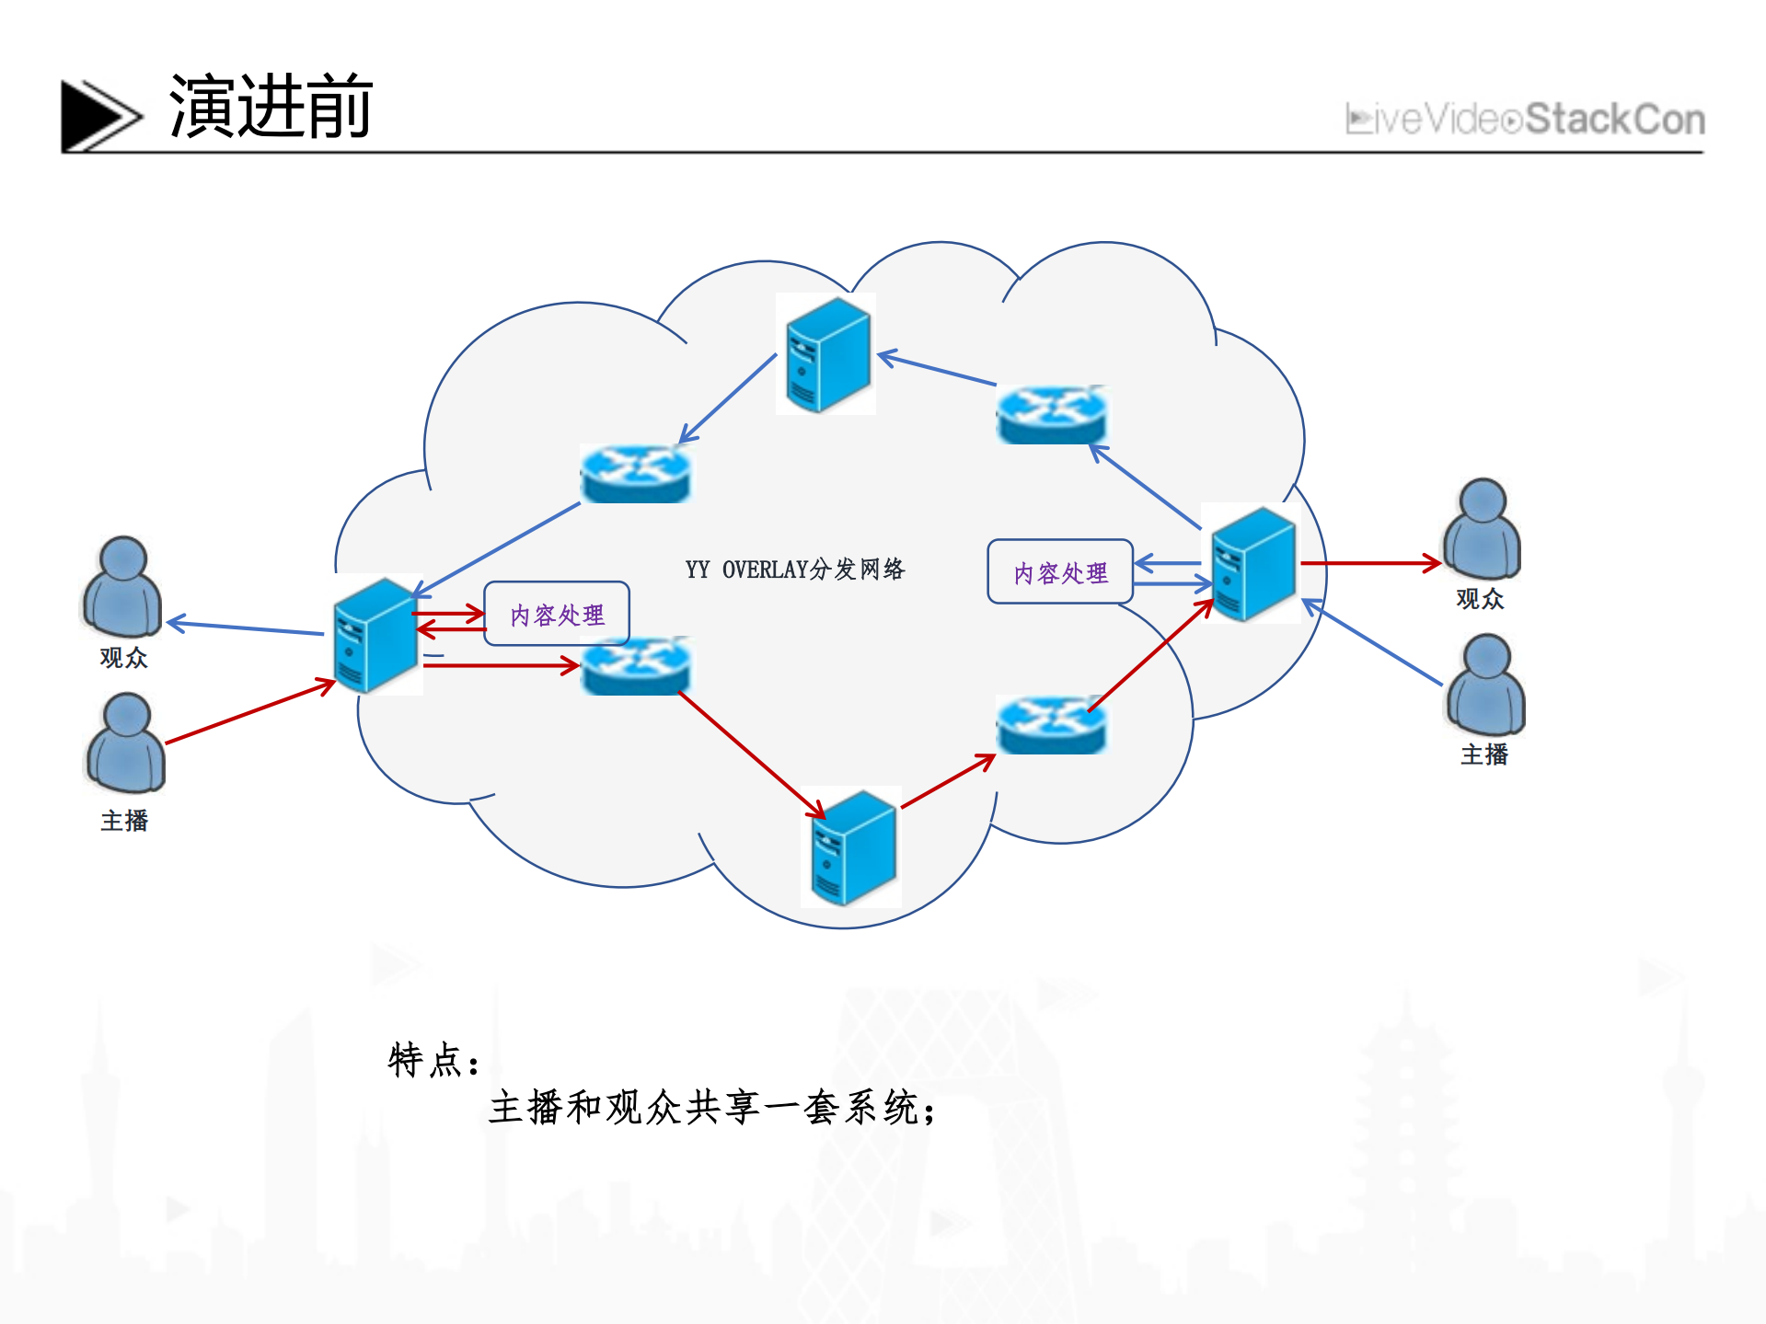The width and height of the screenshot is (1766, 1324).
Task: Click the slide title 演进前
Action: [271, 108]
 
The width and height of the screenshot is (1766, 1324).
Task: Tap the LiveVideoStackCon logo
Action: [1524, 120]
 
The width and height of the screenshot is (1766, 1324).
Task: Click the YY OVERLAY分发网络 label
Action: [795, 570]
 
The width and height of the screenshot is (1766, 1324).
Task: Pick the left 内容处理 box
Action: [557, 615]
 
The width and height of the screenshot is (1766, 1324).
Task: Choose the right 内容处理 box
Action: [1060, 572]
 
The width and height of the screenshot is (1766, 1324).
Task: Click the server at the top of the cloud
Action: [826, 355]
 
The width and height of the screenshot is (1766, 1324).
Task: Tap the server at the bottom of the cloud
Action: [851, 847]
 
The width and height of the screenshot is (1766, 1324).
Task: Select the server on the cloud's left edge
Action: [376, 635]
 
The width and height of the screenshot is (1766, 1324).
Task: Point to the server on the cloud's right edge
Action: [1252, 563]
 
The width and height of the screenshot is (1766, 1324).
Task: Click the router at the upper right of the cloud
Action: [1052, 415]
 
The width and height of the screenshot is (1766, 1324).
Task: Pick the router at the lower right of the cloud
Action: [1052, 726]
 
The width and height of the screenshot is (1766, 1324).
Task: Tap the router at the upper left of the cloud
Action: [635, 474]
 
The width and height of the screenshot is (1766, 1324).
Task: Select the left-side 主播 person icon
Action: [126, 743]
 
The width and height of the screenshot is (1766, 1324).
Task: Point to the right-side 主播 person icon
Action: [1485, 685]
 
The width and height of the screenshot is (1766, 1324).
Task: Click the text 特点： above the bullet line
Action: [433, 1061]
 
